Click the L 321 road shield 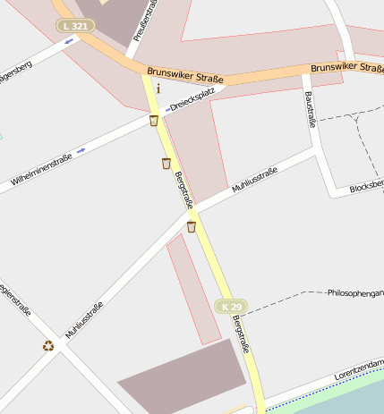[x=76, y=26]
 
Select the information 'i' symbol [x=158, y=88]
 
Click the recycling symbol [x=47, y=346]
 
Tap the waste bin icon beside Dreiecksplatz [x=154, y=121]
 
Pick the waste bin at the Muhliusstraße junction [x=191, y=226]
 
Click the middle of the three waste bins [x=166, y=163]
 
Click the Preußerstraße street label [x=141, y=20]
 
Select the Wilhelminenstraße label [x=41, y=170]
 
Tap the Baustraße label [x=311, y=109]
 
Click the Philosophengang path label [x=355, y=292]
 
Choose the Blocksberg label [x=367, y=186]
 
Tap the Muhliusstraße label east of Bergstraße [x=254, y=180]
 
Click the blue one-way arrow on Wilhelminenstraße [x=81, y=150]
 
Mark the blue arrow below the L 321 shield [x=69, y=41]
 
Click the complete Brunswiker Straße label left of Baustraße [x=185, y=72]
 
